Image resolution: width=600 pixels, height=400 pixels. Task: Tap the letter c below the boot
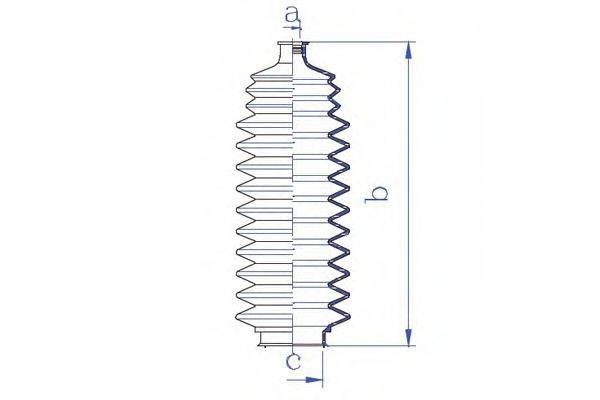[292, 361]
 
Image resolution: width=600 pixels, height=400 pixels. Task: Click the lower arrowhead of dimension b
[409, 338]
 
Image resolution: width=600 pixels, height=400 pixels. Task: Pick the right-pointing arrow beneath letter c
[317, 380]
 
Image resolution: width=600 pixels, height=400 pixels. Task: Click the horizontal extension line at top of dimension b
[360, 42]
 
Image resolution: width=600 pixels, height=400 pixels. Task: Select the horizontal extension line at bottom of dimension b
[370, 346]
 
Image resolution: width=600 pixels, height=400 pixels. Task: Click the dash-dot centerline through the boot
[293, 200]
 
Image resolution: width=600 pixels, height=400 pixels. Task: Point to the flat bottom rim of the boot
[290, 345]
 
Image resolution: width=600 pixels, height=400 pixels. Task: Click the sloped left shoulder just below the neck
[262, 68]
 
